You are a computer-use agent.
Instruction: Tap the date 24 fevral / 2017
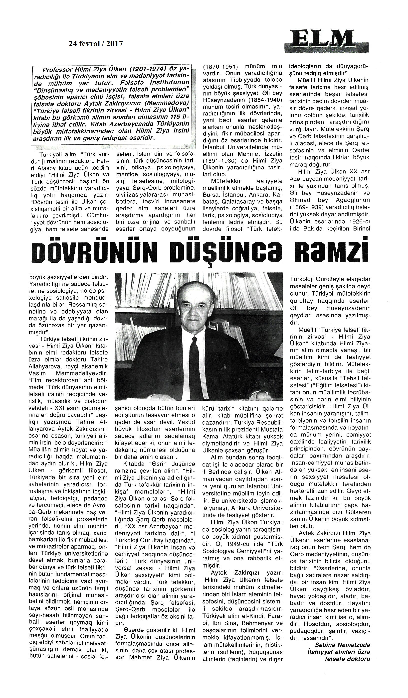[x=96, y=43]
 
